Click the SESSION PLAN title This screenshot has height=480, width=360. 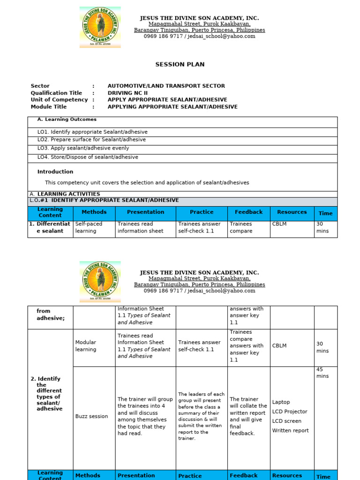point(180,65)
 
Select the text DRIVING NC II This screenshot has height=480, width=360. point(127,93)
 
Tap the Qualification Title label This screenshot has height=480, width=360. point(56,93)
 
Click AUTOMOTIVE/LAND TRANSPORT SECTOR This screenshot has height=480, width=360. point(166,86)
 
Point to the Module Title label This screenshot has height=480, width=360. point(49,107)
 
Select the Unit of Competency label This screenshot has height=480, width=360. point(59,100)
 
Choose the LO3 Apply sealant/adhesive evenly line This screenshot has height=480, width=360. point(88,148)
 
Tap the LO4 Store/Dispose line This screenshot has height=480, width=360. point(88,157)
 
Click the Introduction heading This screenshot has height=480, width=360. point(55,172)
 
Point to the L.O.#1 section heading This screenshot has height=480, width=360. point(104,201)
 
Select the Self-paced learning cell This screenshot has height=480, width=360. point(89,227)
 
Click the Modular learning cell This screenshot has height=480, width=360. point(86,346)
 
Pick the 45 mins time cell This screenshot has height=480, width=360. point(322,373)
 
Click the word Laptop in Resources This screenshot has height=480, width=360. point(281,402)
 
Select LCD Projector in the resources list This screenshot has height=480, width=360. point(289,412)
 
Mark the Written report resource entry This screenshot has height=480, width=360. point(290,430)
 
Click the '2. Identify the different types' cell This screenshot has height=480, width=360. point(49,394)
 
